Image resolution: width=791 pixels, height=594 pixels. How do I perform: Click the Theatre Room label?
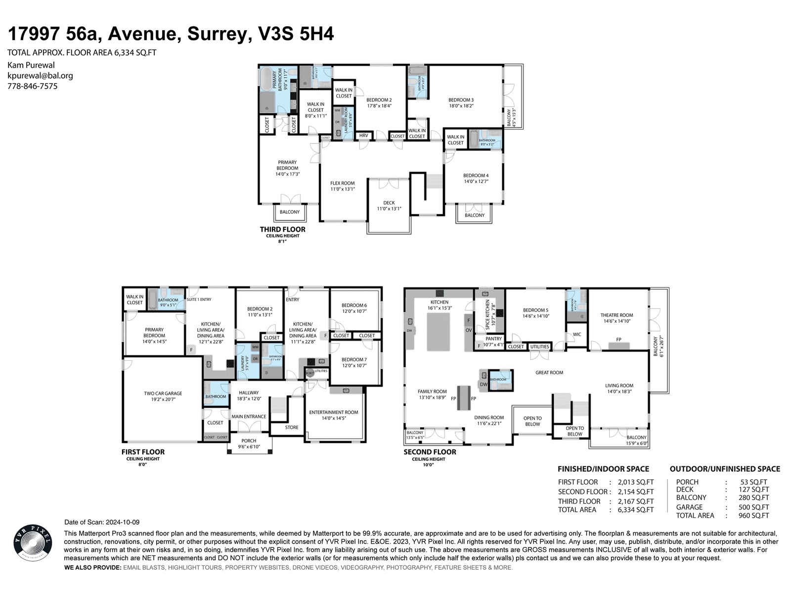(616, 318)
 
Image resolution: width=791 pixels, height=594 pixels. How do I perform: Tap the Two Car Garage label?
(163, 396)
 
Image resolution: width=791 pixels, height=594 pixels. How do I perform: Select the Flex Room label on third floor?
(343, 186)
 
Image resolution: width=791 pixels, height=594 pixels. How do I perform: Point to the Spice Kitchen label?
(488, 315)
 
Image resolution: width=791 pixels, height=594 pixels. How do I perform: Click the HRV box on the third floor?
(364, 136)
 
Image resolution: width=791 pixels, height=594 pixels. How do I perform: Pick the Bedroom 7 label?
(353, 362)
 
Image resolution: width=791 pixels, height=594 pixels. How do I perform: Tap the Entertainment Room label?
(333, 415)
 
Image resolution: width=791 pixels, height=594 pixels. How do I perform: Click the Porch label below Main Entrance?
(249, 443)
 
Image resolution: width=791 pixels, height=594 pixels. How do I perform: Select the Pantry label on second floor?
(493, 342)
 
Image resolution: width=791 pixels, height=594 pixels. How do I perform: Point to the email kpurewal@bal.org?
(40, 76)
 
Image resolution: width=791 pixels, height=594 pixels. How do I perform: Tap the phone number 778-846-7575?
(32, 86)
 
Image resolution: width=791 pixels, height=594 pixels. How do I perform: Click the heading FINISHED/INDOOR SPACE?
(603, 469)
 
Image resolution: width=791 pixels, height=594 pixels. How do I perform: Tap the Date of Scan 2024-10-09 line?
(102, 522)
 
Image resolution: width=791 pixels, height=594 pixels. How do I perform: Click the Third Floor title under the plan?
(282, 229)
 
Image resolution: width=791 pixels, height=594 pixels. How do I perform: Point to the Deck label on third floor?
(389, 205)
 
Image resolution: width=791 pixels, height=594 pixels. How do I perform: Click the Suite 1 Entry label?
(199, 299)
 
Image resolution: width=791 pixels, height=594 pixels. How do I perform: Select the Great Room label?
(549, 372)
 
